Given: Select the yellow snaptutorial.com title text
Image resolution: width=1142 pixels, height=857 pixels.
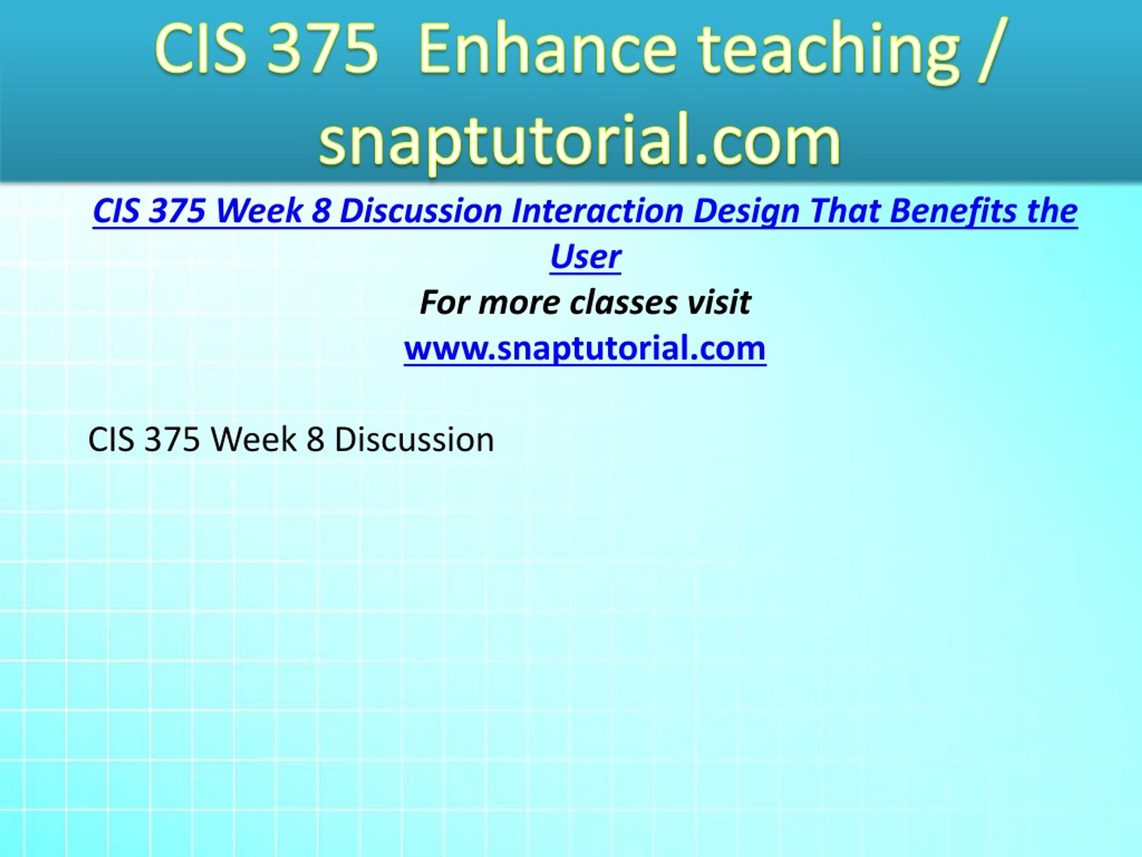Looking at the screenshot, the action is pos(580,142).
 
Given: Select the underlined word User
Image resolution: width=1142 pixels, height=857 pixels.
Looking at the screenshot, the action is pos(585,257).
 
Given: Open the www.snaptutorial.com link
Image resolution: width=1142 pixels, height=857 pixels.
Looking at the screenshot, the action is pos(585,348).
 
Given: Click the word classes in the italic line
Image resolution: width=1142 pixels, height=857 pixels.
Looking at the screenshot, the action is pos(623,303).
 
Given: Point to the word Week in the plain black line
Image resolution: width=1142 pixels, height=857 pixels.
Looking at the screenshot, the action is pos(253,440).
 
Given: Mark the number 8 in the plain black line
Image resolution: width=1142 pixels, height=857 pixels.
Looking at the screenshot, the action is pos(316,440).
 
